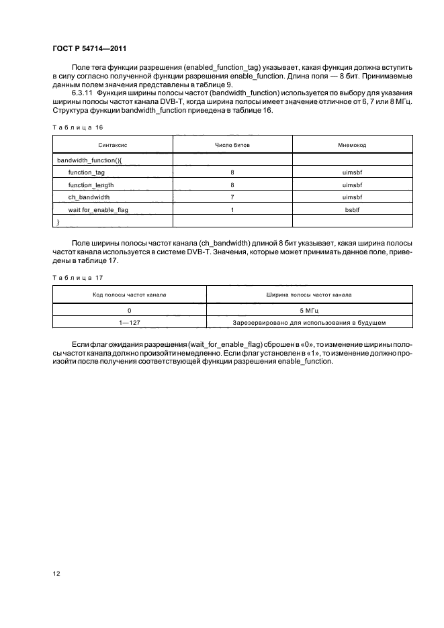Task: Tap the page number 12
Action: [56, 572]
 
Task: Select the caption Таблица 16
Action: [73, 127]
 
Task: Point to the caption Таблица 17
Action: [73, 276]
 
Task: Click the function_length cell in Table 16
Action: [91, 185]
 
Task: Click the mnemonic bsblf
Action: [352, 209]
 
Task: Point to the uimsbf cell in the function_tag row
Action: [352, 172]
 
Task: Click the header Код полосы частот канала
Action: [130, 295]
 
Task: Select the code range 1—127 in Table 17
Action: [129, 323]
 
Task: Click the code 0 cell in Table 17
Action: [129, 310]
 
